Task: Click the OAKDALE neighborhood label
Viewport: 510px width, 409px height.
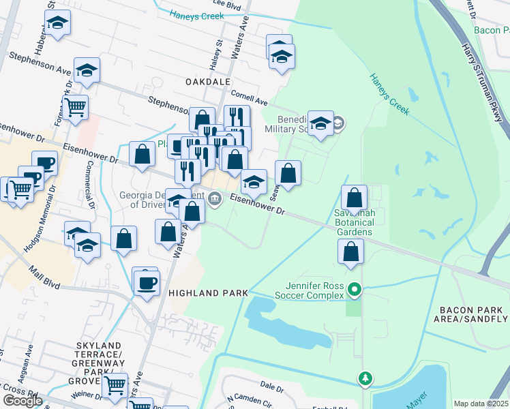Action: tap(208, 81)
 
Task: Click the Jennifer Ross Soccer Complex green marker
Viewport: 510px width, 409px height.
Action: tap(354, 290)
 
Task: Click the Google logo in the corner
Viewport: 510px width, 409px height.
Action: tap(22, 401)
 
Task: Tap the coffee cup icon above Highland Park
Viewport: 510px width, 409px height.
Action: tap(145, 282)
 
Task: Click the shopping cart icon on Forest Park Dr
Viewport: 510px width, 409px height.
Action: tap(75, 107)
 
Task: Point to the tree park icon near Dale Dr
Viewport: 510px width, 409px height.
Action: tap(366, 377)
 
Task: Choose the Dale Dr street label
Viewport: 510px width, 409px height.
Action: tap(271, 387)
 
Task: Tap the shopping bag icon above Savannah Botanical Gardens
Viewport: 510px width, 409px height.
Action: tap(354, 198)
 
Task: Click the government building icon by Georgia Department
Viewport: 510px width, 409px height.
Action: tap(215, 199)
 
